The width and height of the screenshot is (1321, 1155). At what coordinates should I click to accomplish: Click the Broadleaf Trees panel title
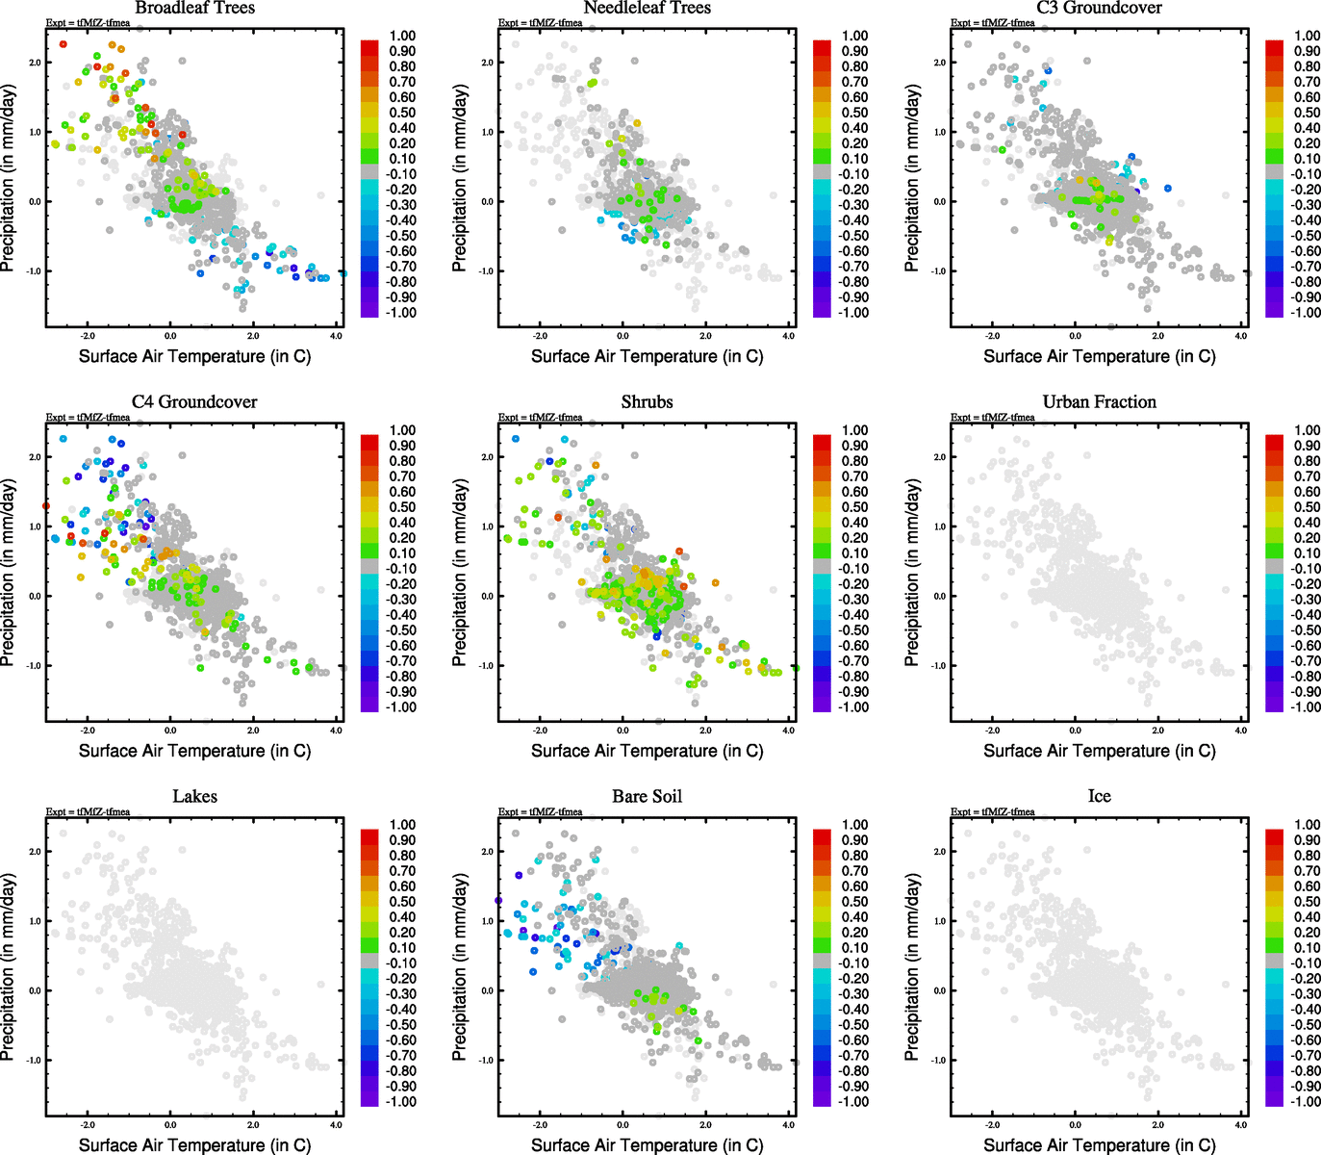194,8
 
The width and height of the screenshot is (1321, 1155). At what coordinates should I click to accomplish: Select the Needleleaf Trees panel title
647,8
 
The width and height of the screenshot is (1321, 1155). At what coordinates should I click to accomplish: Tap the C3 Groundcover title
1099,8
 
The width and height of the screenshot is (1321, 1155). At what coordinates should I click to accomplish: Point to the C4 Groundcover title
194,401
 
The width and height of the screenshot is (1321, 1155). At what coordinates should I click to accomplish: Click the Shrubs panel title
647,401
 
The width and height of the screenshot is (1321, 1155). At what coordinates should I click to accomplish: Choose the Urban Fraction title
1099,401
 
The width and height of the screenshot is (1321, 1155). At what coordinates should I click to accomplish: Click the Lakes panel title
194,796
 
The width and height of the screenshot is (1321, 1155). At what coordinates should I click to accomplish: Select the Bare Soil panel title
647,796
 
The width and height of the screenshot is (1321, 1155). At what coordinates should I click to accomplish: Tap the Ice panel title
1099,796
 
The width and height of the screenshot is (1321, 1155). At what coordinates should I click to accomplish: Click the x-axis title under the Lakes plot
194,1144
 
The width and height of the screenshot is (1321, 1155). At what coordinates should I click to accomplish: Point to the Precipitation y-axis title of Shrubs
460,574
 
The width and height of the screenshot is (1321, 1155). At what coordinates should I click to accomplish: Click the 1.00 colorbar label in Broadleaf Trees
402,36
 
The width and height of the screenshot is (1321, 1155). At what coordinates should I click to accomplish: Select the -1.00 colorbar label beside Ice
1306,1101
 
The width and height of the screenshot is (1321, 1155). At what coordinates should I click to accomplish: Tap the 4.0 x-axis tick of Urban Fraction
1240,731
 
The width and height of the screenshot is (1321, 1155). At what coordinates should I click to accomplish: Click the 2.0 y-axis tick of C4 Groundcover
35,457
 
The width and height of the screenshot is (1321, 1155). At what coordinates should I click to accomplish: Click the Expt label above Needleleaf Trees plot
540,23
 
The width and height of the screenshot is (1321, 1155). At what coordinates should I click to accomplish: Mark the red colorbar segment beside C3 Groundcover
1274,46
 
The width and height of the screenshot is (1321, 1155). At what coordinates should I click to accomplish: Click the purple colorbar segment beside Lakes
369,1098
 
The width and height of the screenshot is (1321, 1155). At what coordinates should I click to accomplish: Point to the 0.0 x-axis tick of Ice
1075,1124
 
